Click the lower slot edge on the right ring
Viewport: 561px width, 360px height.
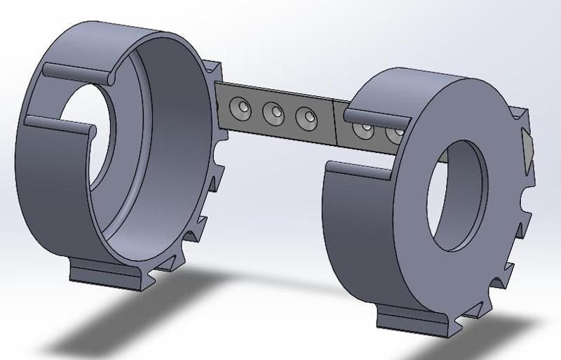tap(358, 168)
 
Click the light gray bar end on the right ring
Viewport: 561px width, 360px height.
tap(527, 147)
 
